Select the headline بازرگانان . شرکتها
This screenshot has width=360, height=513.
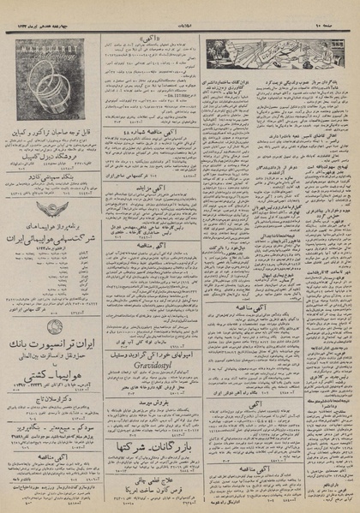pyautogui.click(x=151, y=450)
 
